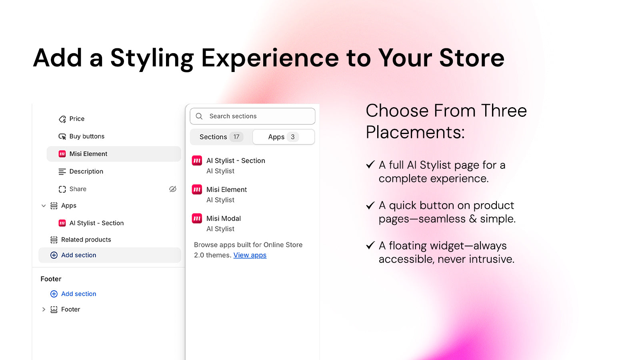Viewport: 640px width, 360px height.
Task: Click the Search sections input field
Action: (x=252, y=116)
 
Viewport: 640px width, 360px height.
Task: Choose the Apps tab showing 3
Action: (x=284, y=137)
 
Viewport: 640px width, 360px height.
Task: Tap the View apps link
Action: (x=250, y=255)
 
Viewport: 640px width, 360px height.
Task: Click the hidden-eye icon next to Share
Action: (x=172, y=189)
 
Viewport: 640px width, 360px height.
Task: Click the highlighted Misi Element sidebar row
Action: (x=114, y=154)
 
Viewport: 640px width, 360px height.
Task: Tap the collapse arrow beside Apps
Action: (x=44, y=206)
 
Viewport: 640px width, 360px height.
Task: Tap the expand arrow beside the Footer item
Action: (x=44, y=310)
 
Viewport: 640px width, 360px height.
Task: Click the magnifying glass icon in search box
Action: (x=199, y=116)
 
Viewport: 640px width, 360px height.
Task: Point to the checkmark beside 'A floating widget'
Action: (x=370, y=245)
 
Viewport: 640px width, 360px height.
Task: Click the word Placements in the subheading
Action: (x=415, y=132)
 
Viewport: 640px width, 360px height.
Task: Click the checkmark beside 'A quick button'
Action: (x=370, y=205)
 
